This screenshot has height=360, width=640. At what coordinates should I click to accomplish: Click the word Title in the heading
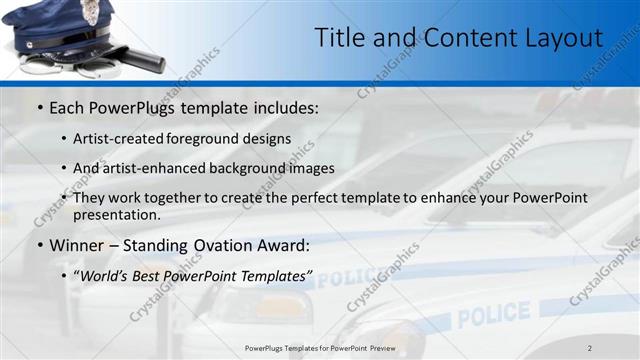click(338, 38)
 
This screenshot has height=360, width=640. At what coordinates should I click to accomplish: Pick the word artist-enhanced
click(161, 168)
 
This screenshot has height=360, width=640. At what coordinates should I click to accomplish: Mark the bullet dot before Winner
click(39, 245)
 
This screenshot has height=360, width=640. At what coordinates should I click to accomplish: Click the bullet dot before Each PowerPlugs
click(39, 108)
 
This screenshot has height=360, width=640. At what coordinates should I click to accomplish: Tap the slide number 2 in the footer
click(589, 348)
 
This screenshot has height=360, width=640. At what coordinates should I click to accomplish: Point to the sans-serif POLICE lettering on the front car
click(494, 314)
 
